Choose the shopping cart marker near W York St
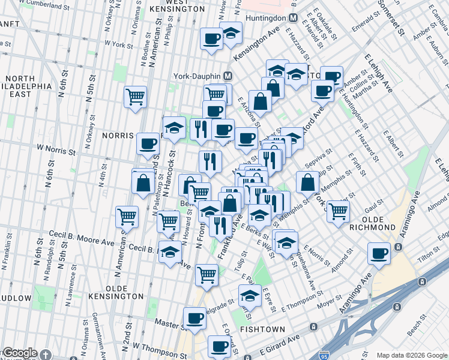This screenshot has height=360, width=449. (136, 97)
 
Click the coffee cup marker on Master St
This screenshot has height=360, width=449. (194, 319)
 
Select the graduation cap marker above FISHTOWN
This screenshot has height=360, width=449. (250, 295)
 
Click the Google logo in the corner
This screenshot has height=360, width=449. (19, 353)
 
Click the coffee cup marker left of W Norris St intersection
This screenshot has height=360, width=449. (148, 144)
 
